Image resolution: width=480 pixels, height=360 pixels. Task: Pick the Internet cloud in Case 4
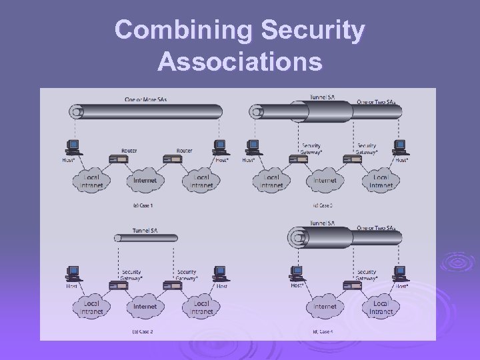click(x=325, y=307)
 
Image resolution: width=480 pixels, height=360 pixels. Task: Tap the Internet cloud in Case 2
click(x=145, y=307)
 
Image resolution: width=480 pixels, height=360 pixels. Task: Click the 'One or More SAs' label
click(x=145, y=99)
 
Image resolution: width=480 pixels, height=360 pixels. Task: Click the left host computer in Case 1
click(x=73, y=146)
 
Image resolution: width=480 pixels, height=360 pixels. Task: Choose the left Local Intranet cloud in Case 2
click(x=92, y=307)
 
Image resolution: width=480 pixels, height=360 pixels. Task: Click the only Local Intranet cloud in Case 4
click(x=381, y=307)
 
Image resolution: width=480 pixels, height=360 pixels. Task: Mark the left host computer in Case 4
click(x=296, y=273)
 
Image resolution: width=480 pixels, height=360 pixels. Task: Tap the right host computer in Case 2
click(x=219, y=273)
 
